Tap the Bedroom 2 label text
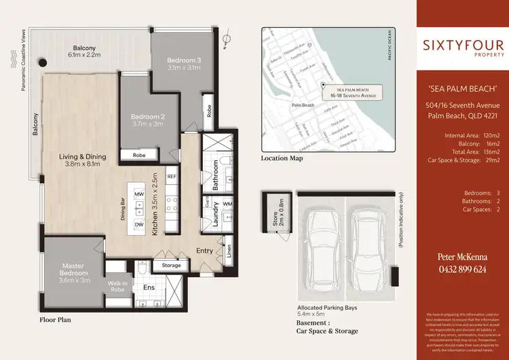147,120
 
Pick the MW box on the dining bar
139,195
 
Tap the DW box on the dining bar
139,224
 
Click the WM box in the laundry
227,203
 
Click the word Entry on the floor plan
204,251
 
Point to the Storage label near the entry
171,265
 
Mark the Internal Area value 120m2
489,135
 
